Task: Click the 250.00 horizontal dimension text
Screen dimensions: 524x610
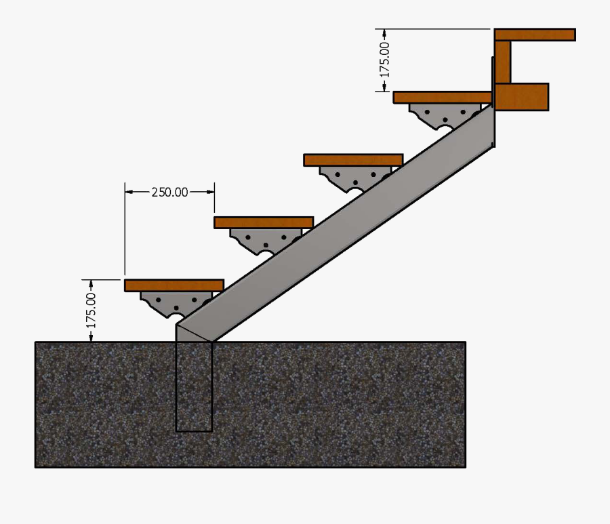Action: pos(169,192)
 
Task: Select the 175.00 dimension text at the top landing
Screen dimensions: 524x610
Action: pos(384,60)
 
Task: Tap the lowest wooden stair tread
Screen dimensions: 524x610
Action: pos(174,285)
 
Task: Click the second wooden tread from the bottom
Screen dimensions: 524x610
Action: pos(264,222)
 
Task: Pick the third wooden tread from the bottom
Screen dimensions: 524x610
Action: pos(353,160)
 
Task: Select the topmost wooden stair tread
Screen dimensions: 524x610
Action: pos(442,97)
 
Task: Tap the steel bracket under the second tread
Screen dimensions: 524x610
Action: pos(265,240)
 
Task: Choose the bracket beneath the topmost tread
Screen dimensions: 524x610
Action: pos(443,115)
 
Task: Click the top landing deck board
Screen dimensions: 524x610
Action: pos(535,35)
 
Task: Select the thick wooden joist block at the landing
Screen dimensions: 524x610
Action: pos(521,97)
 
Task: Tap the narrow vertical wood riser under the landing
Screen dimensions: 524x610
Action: pos(502,62)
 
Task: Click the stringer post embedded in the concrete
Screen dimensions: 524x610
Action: pos(194,386)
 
